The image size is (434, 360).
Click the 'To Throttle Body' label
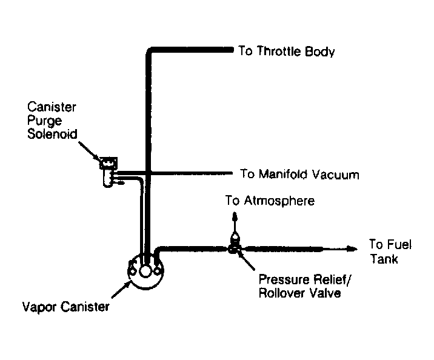tap(287, 52)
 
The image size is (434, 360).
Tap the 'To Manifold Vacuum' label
tap(299, 175)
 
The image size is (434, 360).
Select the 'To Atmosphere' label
tap(270, 201)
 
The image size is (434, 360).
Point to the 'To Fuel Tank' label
tap(390, 252)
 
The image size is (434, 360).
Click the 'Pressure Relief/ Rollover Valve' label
tap(304, 286)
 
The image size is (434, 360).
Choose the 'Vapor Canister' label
tap(65, 307)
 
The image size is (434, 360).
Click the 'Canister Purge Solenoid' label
tap(52, 121)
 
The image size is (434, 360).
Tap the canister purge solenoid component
tap(109, 172)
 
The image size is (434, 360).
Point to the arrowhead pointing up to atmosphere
tap(235, 216)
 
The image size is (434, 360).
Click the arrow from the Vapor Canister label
tap(122, 289)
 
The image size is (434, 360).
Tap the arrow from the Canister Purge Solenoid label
tap(90, 152)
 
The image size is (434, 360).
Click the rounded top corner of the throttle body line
tap(149, 51)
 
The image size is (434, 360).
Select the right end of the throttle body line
tap(233, 50)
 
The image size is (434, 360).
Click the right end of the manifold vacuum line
tap(232, 173)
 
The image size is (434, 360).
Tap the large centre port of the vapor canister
tap(145, 271)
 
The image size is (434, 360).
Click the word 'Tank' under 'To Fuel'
tap(384, 259)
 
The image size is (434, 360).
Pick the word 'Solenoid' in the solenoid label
tap(52, 134)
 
